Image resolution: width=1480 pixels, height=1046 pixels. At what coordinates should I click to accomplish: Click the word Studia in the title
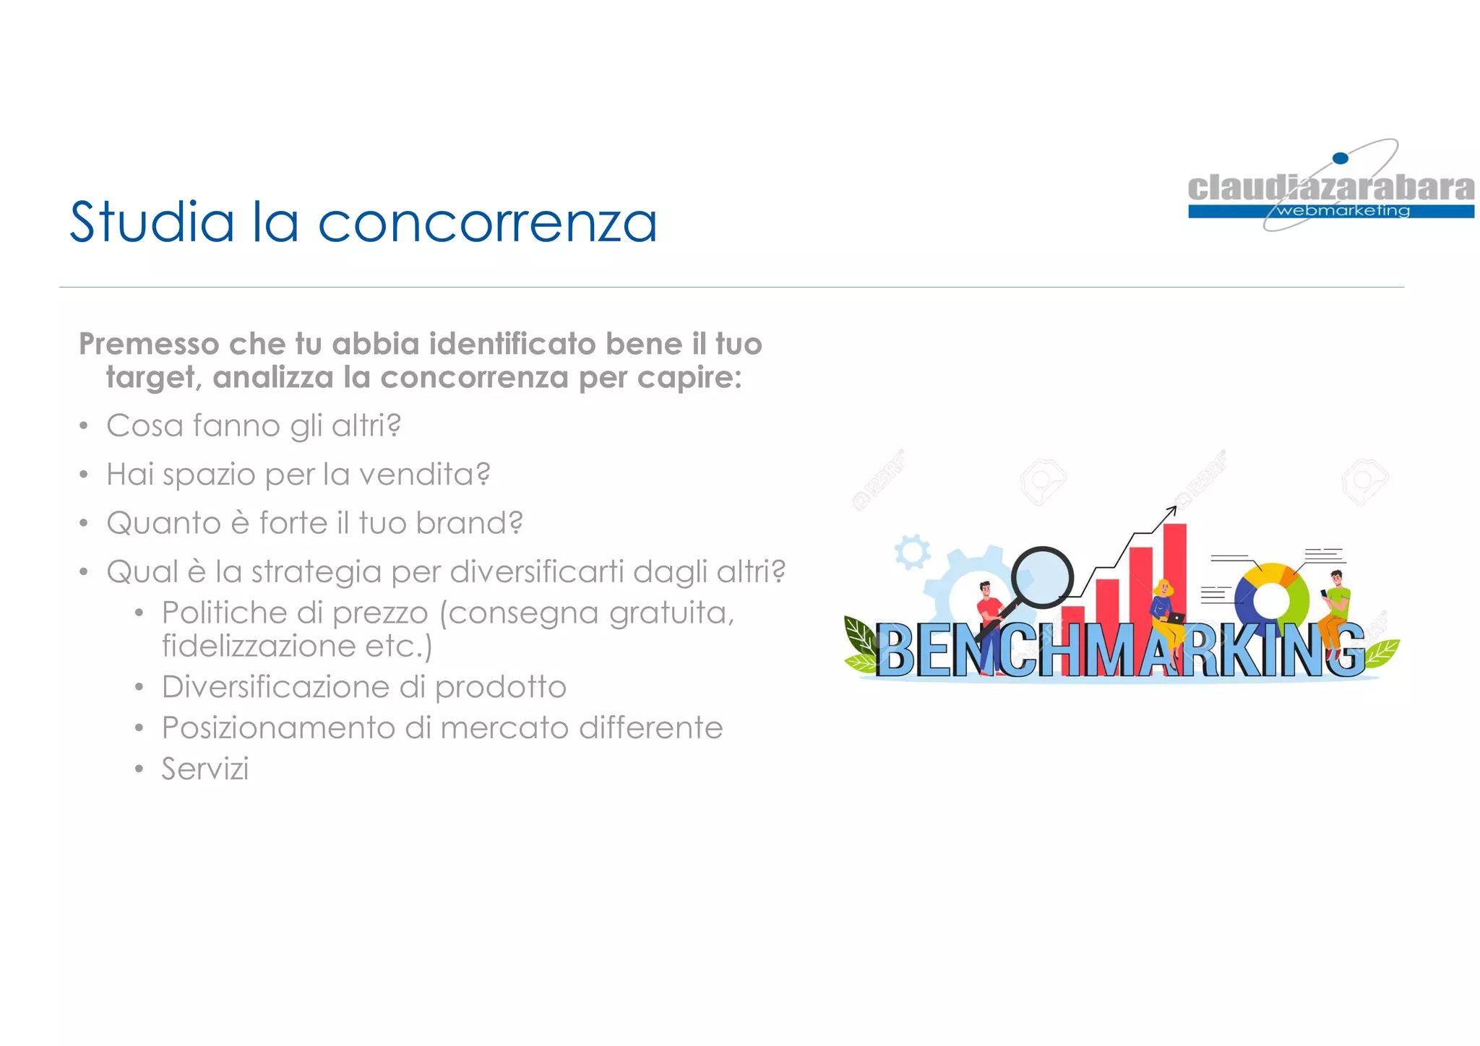pos(152,221)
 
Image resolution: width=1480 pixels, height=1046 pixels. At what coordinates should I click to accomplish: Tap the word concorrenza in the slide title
pos(488,222)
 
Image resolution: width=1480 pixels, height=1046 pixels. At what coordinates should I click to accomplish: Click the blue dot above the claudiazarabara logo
pos(1340,158)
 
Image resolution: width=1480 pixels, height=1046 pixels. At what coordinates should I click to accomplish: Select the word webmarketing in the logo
pos(1343,211)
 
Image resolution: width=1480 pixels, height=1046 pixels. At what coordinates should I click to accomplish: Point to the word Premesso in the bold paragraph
pos(149,345)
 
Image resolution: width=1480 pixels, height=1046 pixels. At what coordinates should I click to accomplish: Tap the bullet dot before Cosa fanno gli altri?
pos(84,426)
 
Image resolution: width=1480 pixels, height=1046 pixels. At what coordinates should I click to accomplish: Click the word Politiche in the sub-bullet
pos(224,613)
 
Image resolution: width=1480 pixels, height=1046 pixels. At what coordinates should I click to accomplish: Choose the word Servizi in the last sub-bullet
pos(205,769)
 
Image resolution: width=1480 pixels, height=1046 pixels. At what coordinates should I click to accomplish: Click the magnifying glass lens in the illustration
pos(1042,578)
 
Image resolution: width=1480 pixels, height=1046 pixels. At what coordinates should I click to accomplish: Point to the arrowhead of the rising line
pos(1171,511)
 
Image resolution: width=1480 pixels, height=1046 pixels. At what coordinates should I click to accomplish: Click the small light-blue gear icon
pos(912,553)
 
